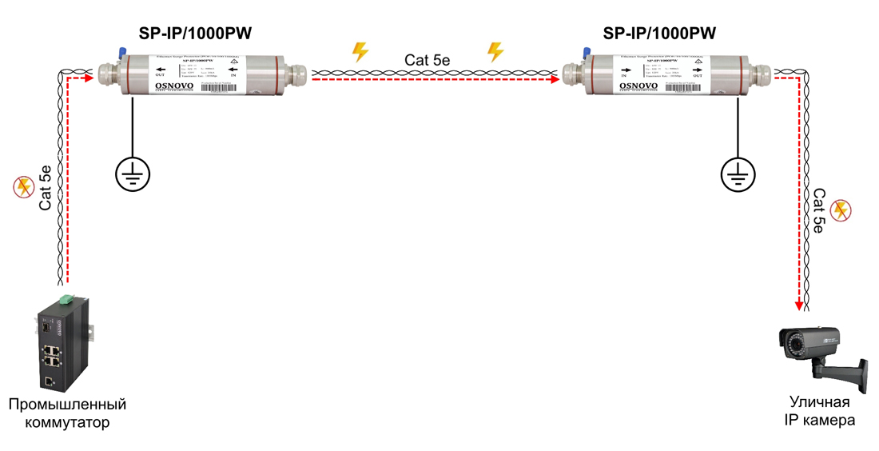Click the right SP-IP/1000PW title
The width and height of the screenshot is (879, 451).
(x=659, y=34)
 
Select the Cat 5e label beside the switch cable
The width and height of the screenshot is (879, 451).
(x=46, y=188)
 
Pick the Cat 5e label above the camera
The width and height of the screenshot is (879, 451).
(x=818, y=211)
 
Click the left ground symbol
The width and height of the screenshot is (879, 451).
(x=132, y=174)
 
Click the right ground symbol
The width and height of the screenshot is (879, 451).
(x=738, y=174)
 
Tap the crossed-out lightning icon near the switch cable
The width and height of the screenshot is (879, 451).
(x=23, y=187)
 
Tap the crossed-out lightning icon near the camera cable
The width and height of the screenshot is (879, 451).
(x=841, y=210)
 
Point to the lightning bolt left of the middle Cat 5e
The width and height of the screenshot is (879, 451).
(x=360, y=52)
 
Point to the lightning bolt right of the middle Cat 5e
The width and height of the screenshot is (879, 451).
(x=495, y=52)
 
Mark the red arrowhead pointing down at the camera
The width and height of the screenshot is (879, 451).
(x=797, y=305)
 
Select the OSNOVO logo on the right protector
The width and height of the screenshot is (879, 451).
(x=638, y=85)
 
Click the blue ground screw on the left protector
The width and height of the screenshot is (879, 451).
(x=121, y=53)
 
